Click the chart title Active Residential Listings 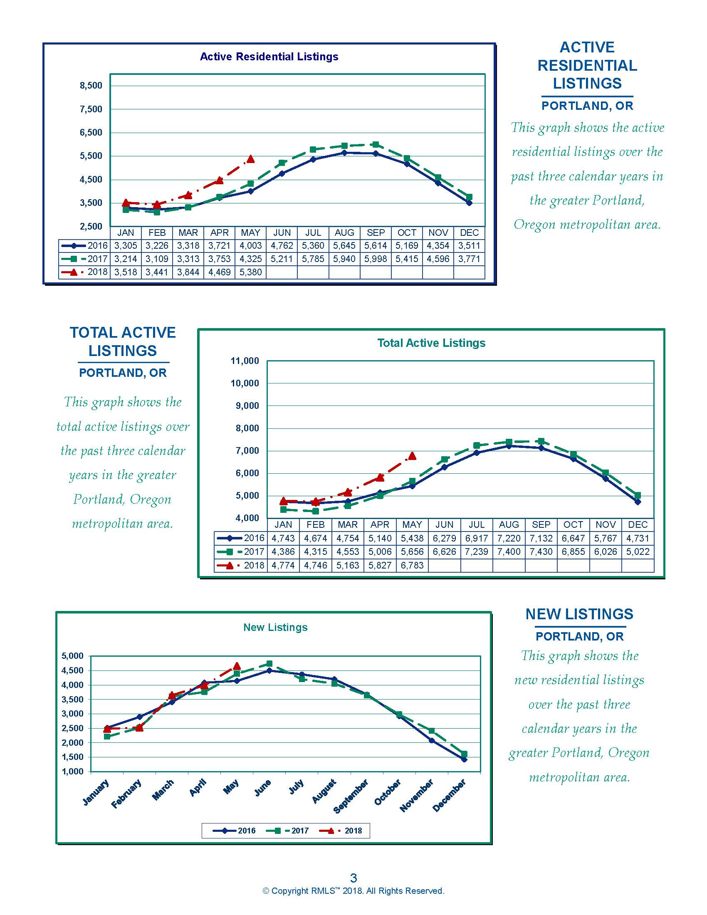269,57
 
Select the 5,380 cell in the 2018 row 250,272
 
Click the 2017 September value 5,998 376,259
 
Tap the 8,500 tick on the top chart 91,85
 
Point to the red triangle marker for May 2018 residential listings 250,159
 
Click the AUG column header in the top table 344,232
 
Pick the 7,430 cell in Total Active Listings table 541,552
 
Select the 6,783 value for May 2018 412,565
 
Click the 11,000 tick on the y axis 245,361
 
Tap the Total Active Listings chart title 431,343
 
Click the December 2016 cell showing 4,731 638,538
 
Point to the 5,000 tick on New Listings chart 73,656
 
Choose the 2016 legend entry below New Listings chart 234,831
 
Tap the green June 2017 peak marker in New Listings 269,664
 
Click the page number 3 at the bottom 353,878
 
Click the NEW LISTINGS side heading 579,614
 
